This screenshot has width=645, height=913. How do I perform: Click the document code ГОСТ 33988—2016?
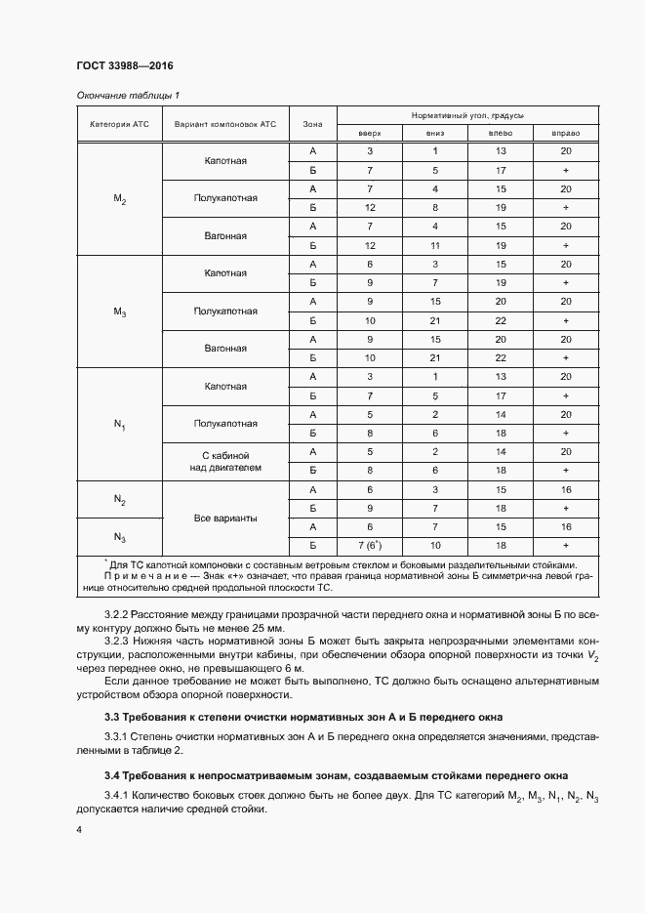pyautogui.click(x=124, y=66)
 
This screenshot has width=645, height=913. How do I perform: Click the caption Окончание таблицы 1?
pyautogui.click(x=128, y=95)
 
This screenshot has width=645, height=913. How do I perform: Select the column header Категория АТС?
pyautogui.click(x=119, y=125)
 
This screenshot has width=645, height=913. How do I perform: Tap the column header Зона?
pyautogui.click(x=312, y=125)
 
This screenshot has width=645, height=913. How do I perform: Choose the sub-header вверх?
pyautogui.click(x=369, y=134)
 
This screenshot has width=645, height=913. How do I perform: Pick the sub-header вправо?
pyautogui.click(x=565, y=134)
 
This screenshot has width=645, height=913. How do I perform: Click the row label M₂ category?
pyautogui.click(x=119, y=199)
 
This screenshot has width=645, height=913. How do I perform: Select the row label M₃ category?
pyautogui.click(x=119, y=312)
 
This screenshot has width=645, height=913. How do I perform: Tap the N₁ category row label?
pyautogui.click(x=119, y=425)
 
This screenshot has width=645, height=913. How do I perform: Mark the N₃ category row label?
pyautogui.click(x=119, y=537)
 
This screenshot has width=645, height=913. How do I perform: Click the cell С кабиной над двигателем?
pyautogui.click(x=225, y=462)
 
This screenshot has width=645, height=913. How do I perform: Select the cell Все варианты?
pyautogui.click(x=225, y=518)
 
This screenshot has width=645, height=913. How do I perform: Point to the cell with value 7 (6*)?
pyautogui.click(x=370, y=545)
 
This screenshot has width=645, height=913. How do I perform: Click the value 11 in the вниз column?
pyautogui.click(x=435, y=245)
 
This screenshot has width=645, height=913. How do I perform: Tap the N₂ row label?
pyautogui.click(x=119, y=500)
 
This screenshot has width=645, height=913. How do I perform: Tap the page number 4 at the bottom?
pyautogui.click(x=78, y=828)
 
